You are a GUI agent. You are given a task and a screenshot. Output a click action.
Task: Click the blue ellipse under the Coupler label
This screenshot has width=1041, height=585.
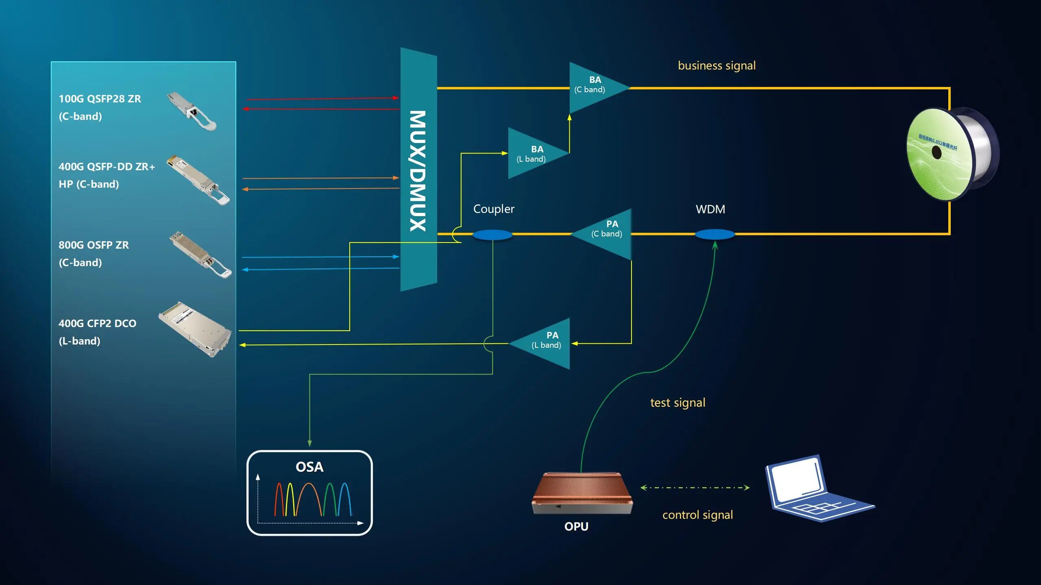(x=492, y=235)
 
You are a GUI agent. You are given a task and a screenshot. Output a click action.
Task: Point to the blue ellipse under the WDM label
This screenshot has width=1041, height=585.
(x=714, y=234)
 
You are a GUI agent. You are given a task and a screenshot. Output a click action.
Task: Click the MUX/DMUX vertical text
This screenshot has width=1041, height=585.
(x=418, y=171)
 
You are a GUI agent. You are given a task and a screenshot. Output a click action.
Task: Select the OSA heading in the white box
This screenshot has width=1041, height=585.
(x=309, y=467)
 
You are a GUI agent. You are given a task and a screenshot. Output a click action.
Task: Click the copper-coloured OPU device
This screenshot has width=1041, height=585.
(x=582, y=494)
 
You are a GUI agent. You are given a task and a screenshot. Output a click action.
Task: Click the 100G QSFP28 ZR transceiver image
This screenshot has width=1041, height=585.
(x=192, y=110)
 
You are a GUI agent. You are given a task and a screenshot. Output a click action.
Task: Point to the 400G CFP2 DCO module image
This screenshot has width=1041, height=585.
(x=196, y=329)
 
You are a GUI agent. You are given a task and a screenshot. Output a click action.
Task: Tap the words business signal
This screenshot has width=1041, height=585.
(x=717, y=65)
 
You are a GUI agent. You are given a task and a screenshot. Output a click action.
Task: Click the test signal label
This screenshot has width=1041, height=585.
(x=677, y=403)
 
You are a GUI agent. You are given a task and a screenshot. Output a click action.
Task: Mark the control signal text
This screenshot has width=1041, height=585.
(x=697, y=515)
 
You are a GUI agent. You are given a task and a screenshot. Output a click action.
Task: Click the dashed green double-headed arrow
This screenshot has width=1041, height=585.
(x=695, y=487)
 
